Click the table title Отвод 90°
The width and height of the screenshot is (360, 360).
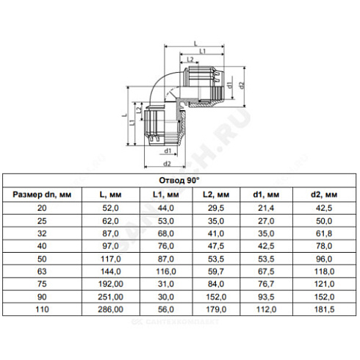click(x=179, y=181)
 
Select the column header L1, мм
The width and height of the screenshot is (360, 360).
click(x=166, y=195)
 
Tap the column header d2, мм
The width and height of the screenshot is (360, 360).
click(x=324, y=195)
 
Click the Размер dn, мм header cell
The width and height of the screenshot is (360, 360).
click(x=42, y=195)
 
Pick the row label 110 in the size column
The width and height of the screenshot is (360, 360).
click(x=42, y=309)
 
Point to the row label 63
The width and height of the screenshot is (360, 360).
click(x=42, y=271)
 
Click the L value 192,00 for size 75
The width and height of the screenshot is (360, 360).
click(x=110, y=284)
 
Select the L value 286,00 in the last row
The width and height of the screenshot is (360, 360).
click(x=110, y=309)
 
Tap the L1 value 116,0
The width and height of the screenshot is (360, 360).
click(x=166, y=271)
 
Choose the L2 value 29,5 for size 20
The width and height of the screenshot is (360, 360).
click(x=216, y=208)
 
